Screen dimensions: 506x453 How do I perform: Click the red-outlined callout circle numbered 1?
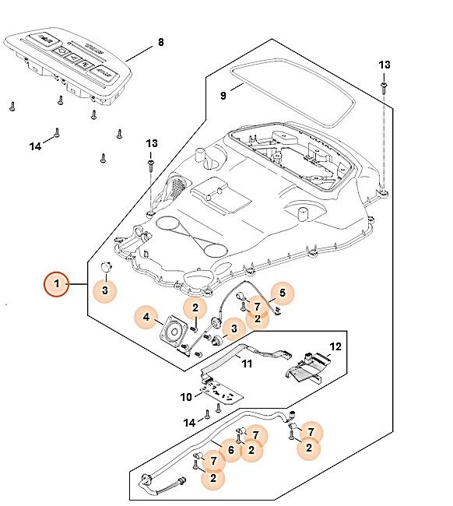coord(56,285)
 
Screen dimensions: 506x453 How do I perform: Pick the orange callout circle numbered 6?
coord(230,449)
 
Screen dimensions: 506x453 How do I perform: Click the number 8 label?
coord(160,41)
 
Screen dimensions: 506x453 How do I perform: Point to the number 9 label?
coord(223,96)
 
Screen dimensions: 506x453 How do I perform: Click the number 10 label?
coord(186,396)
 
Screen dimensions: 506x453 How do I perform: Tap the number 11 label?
coord(247,364)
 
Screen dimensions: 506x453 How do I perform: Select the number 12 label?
coord(335,346)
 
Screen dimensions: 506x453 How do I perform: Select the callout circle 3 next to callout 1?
coord(106,291)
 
